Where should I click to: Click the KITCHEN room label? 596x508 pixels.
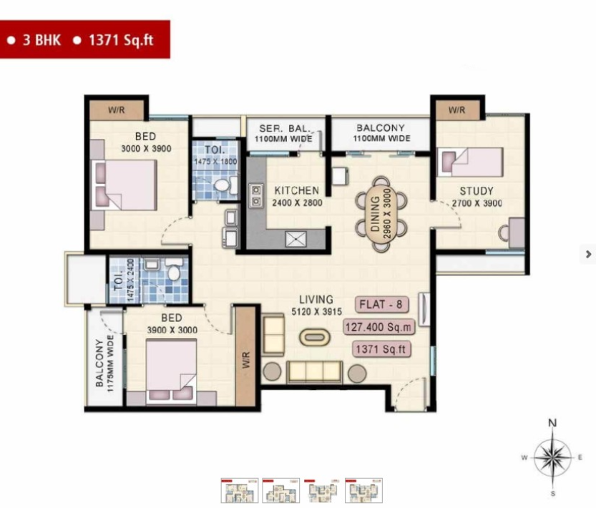click(296, 190)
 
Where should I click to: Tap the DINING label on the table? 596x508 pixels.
click(375, 214)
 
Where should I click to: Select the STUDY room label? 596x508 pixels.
click(477, 191)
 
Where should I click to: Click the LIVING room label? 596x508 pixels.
click(316, 300)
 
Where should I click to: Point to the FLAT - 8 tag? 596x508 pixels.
click(381, 304)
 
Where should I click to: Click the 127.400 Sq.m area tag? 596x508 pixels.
click(378, 327)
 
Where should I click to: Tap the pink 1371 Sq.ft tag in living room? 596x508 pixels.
click(381, 349)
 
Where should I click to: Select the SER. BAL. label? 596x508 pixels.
click(284, 128)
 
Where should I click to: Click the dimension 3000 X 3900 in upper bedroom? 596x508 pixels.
click(146, 149)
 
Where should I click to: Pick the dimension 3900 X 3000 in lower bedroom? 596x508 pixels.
click(172, 330)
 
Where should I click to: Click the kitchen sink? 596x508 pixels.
click(295, 239)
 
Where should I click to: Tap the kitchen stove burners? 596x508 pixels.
click(256, 195)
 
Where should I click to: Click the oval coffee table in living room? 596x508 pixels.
click(314, 337)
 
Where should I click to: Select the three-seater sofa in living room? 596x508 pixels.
click(314, 371)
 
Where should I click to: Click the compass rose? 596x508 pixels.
click(553, 456)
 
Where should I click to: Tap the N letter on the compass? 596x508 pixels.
click(552, 423)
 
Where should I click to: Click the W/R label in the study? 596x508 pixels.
click(456, 110)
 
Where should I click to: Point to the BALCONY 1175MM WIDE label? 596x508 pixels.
click(104, 363)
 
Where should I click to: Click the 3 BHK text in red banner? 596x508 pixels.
click(41, 40)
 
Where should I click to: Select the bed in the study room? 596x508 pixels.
click(470, 162)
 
